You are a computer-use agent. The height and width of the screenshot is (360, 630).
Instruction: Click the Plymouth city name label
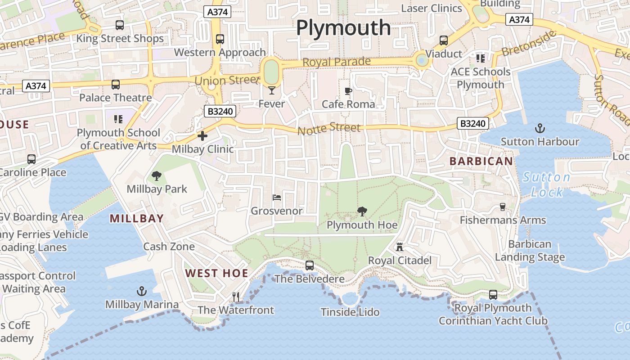point(343,28)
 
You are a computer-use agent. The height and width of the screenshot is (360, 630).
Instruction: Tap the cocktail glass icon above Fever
point(271,91)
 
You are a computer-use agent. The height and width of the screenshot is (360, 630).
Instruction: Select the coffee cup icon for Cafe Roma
point(348,91)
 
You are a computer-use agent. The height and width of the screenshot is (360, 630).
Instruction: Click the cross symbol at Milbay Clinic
point(202,135)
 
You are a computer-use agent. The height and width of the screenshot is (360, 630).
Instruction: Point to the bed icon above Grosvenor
point(277,197)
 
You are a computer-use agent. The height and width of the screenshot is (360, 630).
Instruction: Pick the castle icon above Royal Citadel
point(399,247)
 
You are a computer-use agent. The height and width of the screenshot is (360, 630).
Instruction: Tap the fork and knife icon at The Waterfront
point(235,297)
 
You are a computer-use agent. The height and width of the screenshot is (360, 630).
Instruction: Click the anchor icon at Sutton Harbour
point(540,128)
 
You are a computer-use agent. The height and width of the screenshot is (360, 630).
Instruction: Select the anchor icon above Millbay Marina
point(142,291)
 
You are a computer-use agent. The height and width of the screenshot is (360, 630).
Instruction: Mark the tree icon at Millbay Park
point(157,175)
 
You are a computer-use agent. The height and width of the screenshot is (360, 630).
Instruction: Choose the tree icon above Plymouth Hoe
point(362,211)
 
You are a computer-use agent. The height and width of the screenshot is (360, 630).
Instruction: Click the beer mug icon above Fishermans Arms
point(503,207)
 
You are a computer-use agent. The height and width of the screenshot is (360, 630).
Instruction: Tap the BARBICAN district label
point(481,161)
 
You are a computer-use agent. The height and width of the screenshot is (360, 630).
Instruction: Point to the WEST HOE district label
point(216,273)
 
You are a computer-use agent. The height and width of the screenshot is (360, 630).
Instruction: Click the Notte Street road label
point(329,129)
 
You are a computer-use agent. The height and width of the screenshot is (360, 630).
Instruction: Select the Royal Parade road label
point(337,62)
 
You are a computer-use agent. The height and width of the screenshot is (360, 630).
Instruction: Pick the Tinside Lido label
point(350,312)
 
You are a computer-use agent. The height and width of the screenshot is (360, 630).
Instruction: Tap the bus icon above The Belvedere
point(310,265)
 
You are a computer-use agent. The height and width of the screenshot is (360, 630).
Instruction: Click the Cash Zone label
point(169,247)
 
